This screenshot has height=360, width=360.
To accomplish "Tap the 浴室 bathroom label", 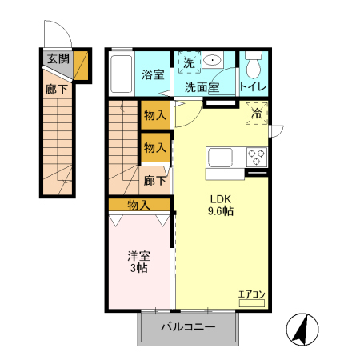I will tap(153, 74).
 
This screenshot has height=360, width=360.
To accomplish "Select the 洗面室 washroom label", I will tap(203, 87).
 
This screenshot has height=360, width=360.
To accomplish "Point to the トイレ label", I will tap(252, 87).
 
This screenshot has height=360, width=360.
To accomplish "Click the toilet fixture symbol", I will tap(253, 64).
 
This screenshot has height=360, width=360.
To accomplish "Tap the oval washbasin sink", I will tap(212, 60).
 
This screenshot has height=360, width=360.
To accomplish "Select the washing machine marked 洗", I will tap(189, 62).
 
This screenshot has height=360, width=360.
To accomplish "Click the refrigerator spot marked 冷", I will tap(257, 115).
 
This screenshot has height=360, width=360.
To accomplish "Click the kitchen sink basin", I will tap(220, 155).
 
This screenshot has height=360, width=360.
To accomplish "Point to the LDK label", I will tap(221, 199).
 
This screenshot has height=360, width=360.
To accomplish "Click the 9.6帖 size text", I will tap(221, 212).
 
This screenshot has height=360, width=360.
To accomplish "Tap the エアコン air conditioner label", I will tap(251, 296).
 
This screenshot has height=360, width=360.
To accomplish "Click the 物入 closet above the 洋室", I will tap(138, 205).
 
